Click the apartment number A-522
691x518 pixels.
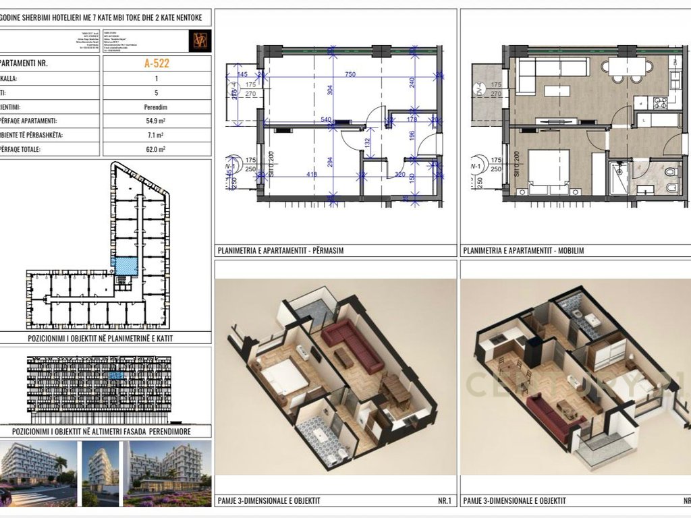[x=157, y=64]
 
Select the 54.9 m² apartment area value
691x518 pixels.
[x=157, y=121]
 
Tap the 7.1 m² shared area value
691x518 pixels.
[x=157, y=135]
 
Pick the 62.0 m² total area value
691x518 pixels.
[x=157, y=149]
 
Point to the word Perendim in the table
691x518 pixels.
[x=157, y=107]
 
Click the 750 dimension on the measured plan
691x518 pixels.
[x=350, y=75]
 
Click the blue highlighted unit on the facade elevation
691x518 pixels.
[x=116, y=375]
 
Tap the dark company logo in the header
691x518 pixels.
[x=200, y=40]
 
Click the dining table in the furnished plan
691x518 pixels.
[x=630, y=67]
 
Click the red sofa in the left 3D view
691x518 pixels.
[x=352, y=343]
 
